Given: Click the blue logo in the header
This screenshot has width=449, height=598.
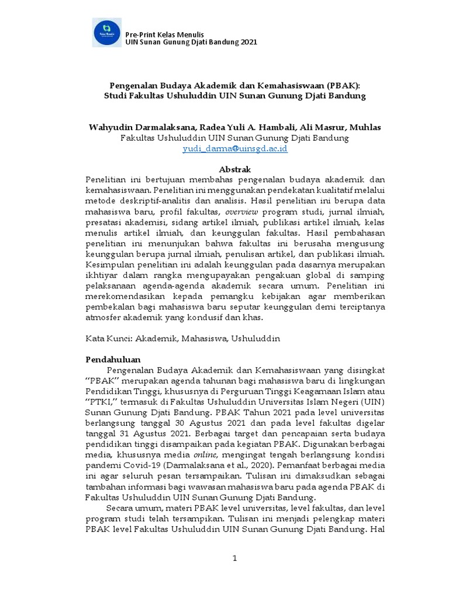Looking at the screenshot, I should (x=108, y=32).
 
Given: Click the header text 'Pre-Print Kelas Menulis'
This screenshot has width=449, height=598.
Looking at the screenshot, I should (x=165, y=33).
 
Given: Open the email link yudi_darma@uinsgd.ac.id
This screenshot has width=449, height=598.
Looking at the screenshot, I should (x=234, y=149).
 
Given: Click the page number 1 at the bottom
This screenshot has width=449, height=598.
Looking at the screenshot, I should (x=234, y=558).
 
